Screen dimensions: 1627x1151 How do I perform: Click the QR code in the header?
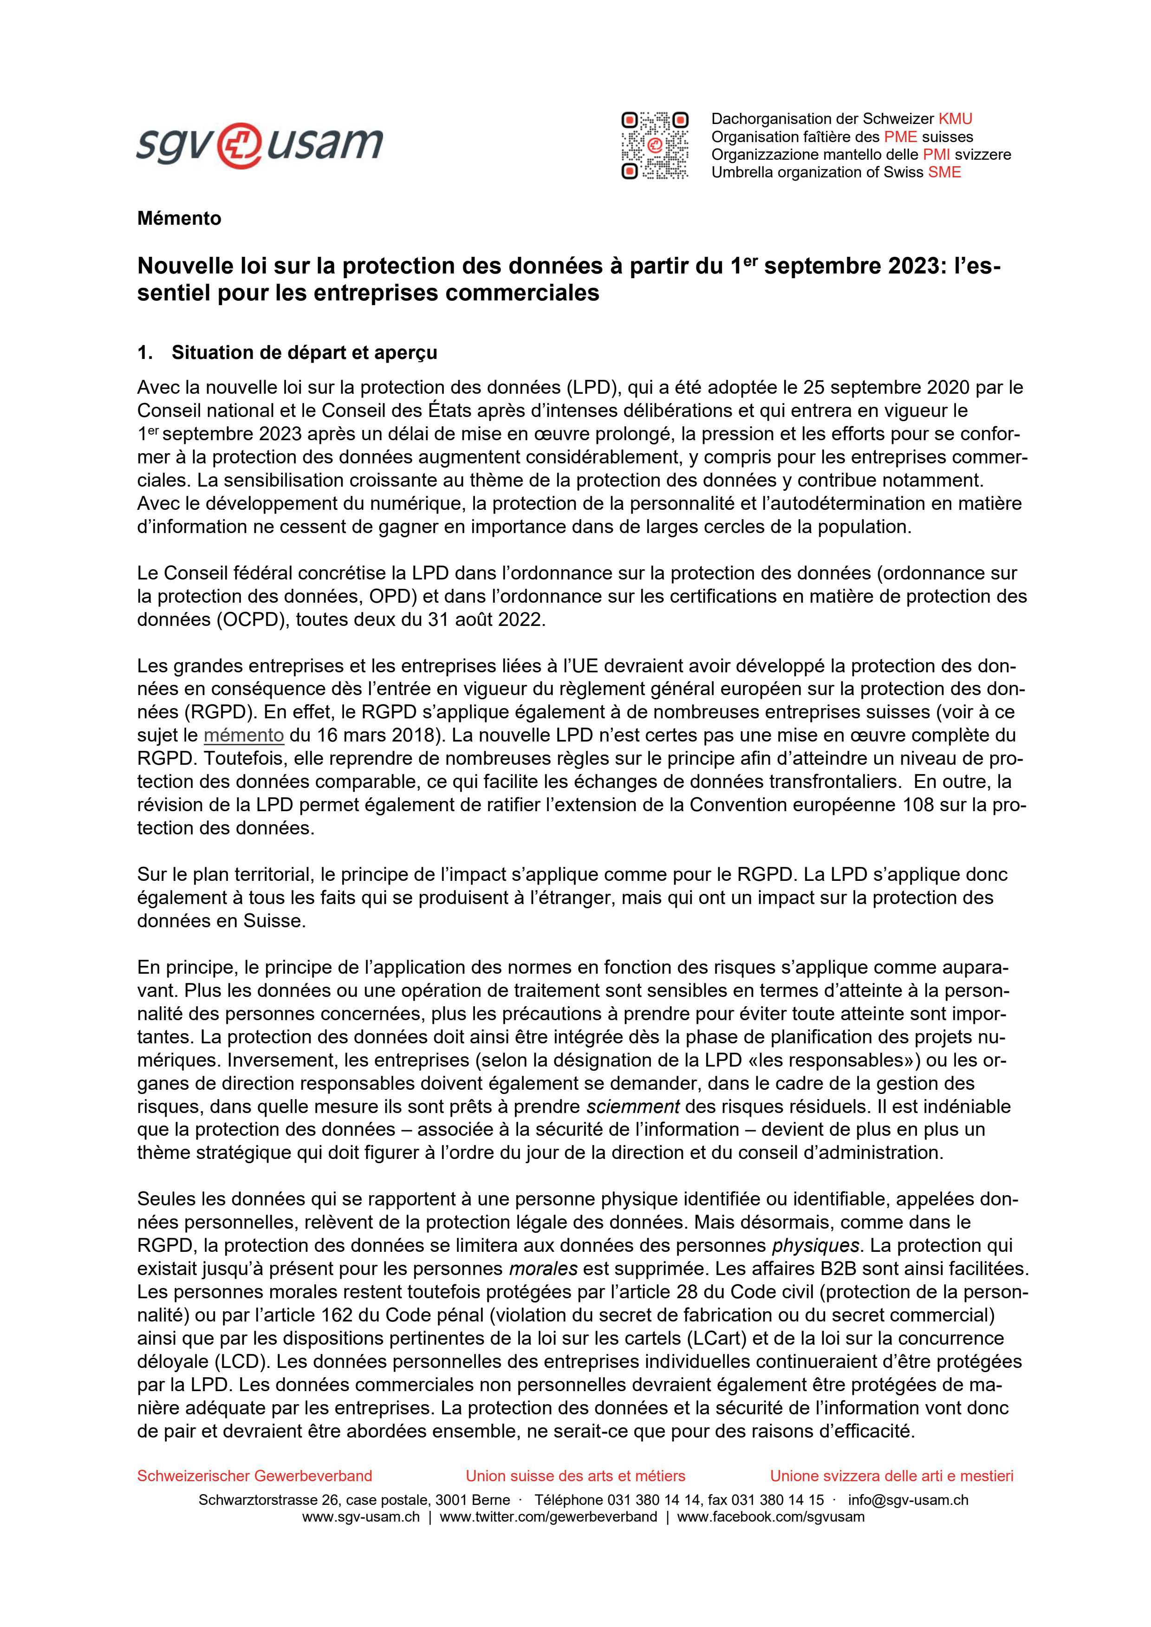[654, 145]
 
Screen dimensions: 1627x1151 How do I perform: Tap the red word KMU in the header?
[956, 119]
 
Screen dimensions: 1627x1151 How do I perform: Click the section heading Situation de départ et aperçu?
[304, 353]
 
